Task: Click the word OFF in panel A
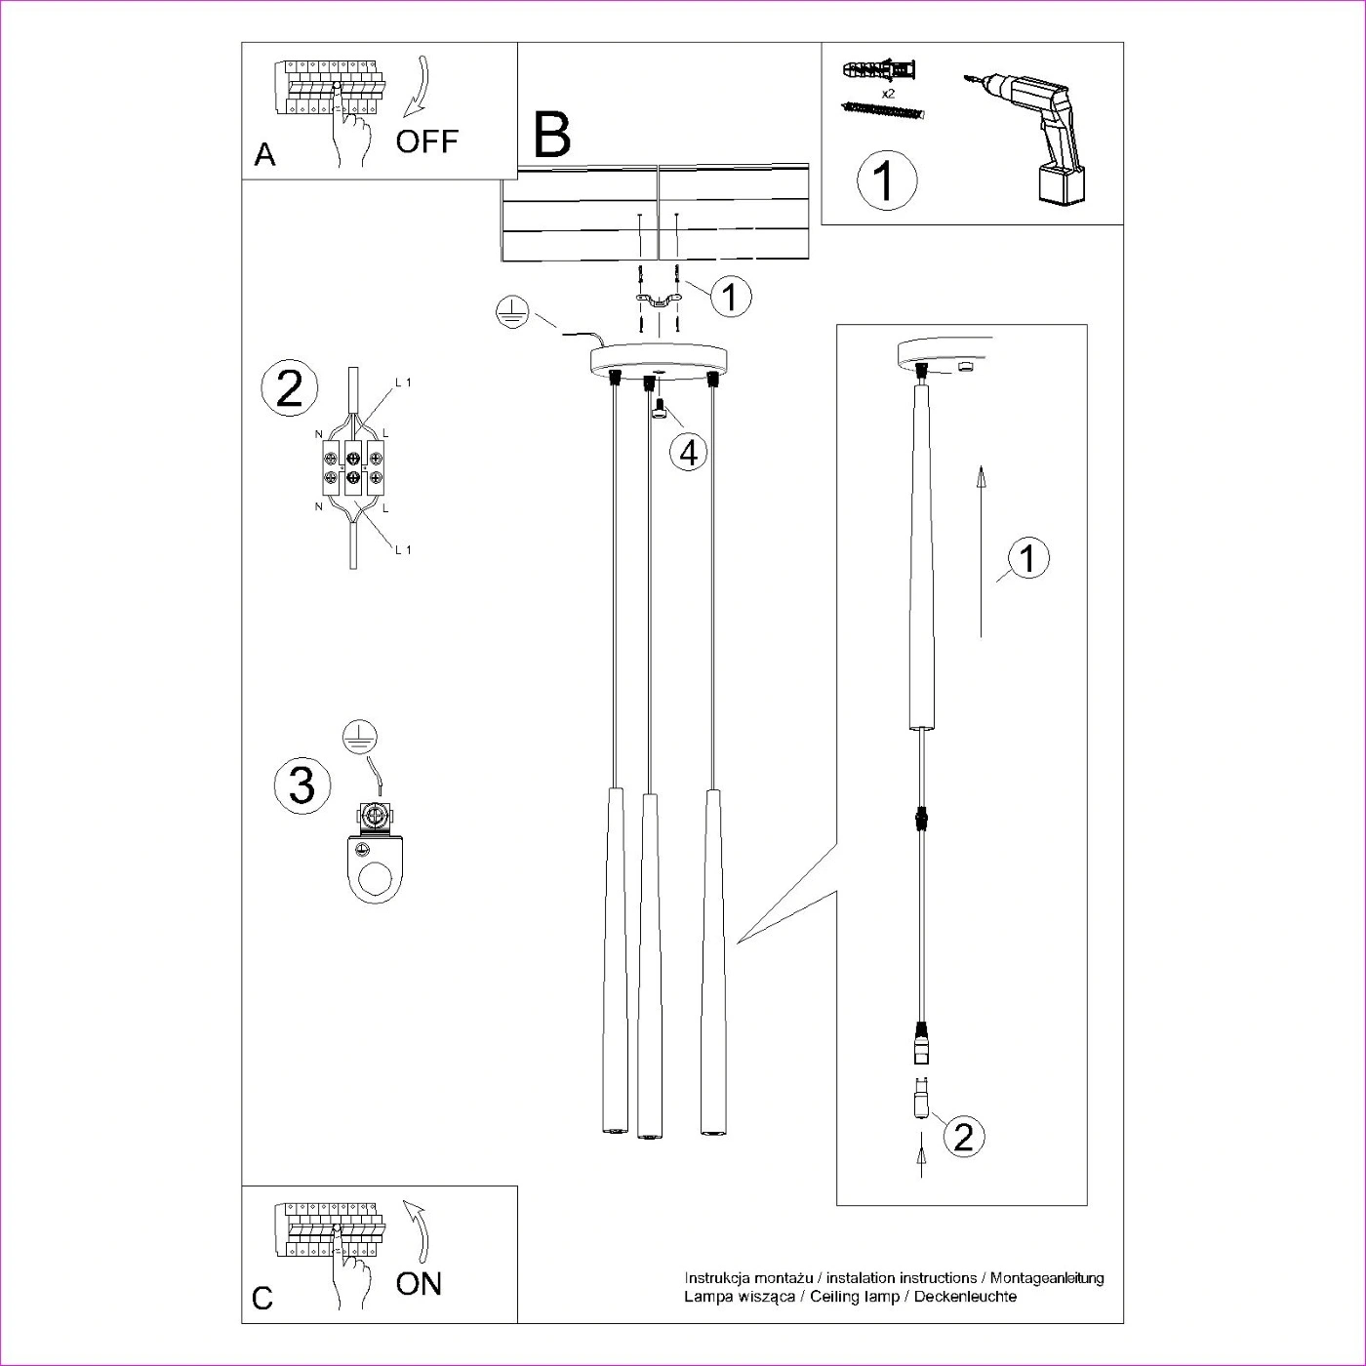(426, 141)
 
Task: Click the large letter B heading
(551, 135)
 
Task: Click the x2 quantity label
(888, 93)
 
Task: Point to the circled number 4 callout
(688, 453)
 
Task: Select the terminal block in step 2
(354, 467)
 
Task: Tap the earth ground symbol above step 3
(359, 738)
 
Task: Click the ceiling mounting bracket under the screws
(659, 301)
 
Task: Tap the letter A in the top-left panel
(264, 154)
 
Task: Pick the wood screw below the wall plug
(883, 109)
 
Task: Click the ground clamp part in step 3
(375, 853)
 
